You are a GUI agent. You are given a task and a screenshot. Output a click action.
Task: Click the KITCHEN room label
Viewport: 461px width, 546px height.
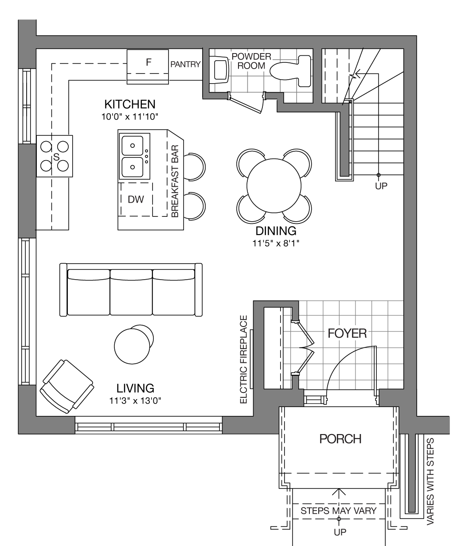(x=130, y=104)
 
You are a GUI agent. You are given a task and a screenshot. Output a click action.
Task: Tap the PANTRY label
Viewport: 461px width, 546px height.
(x=185, y=64)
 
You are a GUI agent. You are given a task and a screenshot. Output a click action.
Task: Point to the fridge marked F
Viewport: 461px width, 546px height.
(x=148, y=67)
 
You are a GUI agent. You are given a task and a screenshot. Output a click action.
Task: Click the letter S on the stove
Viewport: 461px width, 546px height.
(x=56, y=157)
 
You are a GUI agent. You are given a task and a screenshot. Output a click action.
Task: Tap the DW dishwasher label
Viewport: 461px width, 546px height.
(x=136, y=200)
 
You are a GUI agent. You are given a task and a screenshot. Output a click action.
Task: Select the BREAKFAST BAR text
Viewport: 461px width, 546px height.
(x=175, y=181)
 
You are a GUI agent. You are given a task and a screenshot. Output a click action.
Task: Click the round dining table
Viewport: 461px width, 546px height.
(x=274, y=186)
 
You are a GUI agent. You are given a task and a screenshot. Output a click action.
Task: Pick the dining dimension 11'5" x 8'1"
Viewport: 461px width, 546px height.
(x=276, y=243)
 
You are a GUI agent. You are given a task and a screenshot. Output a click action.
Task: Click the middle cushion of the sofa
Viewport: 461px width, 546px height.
(x=131, y=292)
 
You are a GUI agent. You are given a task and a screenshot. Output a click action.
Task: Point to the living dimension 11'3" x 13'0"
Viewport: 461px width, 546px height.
(x=135, y=400)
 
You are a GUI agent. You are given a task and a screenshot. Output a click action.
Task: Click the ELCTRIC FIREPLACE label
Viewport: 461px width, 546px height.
(x=244, y=359)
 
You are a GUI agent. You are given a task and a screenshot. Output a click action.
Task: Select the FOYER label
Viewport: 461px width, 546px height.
(x=347, y=334)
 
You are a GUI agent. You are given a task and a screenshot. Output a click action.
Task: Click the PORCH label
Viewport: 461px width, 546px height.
(x=340, y=439)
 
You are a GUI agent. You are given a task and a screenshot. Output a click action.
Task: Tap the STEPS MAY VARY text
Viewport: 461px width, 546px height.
(x=338, y=511)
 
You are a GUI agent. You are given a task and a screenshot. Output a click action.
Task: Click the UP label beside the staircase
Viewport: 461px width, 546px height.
(x=381, y=186)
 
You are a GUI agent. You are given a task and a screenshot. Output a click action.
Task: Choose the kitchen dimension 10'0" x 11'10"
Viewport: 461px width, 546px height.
(x=130, y=117)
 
